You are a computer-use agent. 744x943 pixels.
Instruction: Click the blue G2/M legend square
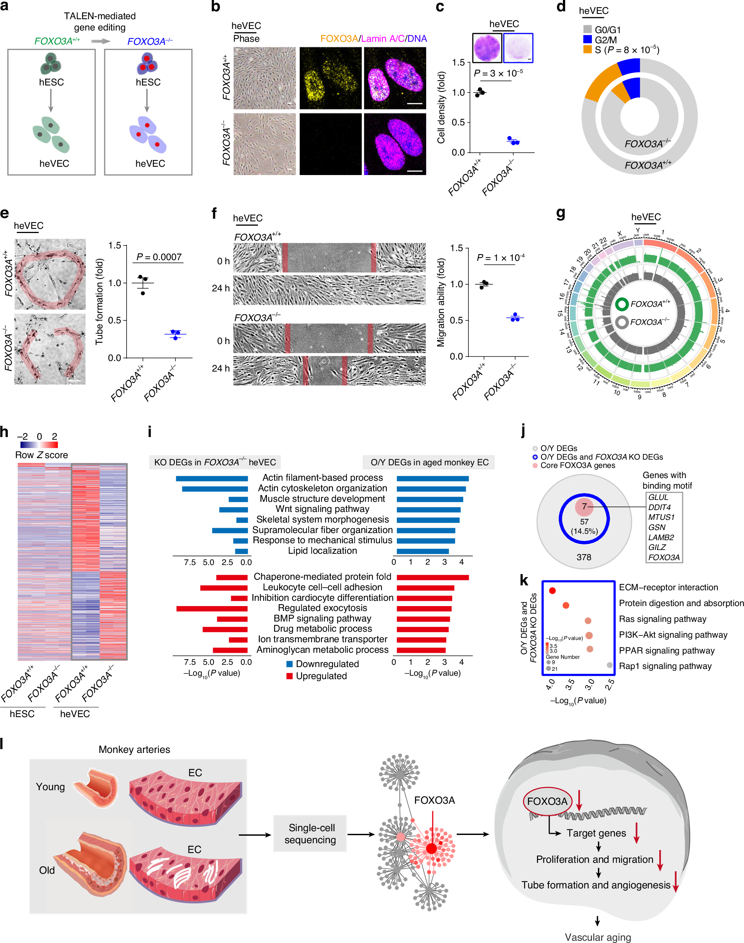[x=587, y=40]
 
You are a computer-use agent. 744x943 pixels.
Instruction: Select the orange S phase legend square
[x=587, y=50]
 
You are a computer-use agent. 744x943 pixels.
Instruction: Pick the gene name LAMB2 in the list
[x=661, y=538]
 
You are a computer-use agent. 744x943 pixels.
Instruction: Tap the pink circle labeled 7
[x=584, y=507]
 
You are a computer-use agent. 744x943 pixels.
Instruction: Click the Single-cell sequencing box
[x=310, y=834]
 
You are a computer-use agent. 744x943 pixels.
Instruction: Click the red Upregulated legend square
[x=289, y=676]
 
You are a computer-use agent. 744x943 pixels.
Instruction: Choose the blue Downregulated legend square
[x=289, y=664]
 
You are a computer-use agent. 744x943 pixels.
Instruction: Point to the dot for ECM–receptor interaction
[x=552, y=591]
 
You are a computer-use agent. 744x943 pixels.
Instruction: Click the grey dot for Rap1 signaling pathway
[x=610, y=665]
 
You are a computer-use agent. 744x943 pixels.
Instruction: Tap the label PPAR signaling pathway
[x=666, y=650]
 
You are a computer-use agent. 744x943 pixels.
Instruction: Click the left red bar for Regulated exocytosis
[x=212, y=608]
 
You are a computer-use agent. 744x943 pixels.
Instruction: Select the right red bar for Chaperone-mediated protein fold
[x=433, y=577]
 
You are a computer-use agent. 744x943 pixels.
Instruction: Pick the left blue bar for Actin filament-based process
[x=212, y=479]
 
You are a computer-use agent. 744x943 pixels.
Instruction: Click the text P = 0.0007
[x=159, y=257]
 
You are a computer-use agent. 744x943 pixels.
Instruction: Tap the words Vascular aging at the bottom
[x=598, y=937]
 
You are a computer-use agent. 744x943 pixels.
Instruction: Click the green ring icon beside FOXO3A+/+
[x=622, y=304]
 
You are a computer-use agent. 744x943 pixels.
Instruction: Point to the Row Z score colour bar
[x=39, y=445]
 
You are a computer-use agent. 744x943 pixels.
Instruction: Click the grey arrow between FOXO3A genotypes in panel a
[x=101, y=41]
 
